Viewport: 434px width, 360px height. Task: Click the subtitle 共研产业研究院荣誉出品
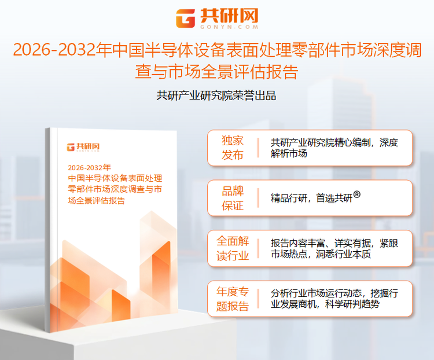[x=216, y=95]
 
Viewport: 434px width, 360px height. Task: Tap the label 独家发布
[x=233, y=148]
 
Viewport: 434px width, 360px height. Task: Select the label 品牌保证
[x=233, y=198]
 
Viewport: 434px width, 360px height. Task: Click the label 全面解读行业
[x=233, y=248]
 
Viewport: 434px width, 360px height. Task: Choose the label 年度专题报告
[x=233, y=298]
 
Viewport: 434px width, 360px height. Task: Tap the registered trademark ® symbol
[x=357, y=195]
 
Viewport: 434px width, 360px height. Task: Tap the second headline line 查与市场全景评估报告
[x=216, y=72]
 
